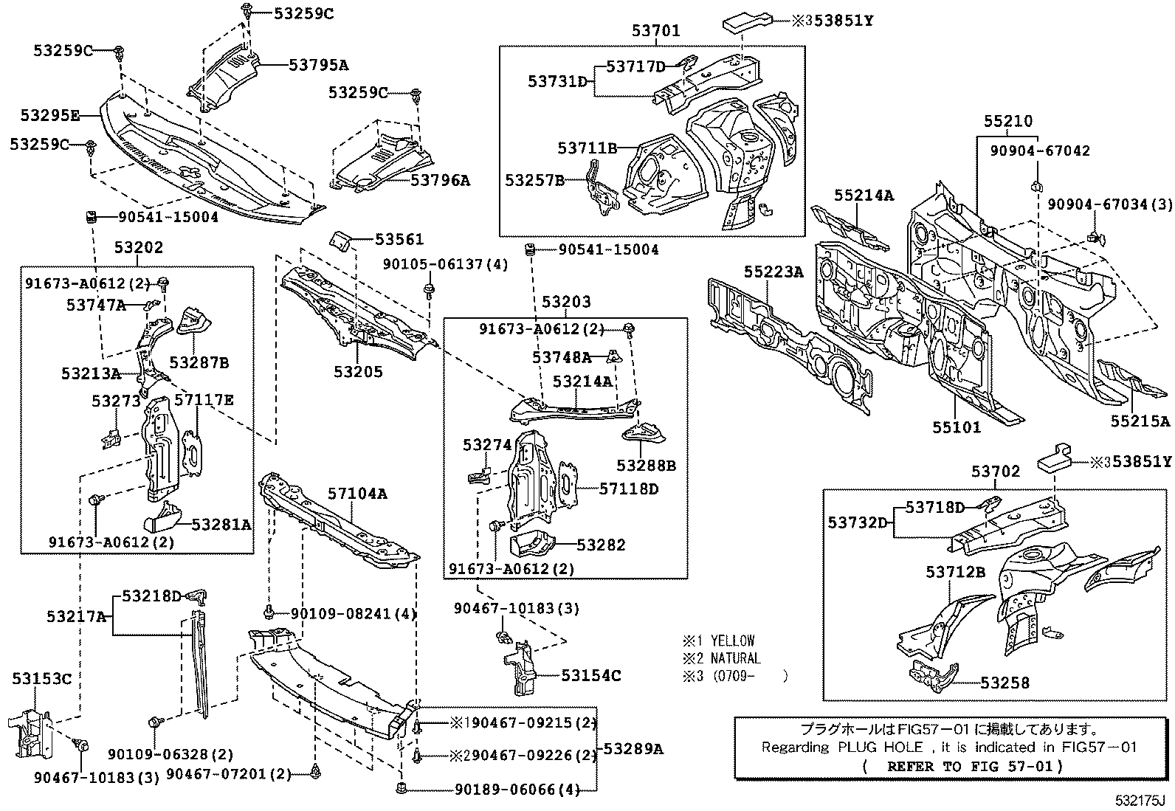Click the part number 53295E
coord(49,116)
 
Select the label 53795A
coord(318,65)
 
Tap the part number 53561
coord(399,239)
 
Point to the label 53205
coord(358,372)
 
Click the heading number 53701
coord(655,31)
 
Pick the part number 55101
coord(956,427)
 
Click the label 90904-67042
coord(1039,151)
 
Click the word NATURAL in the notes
coord(735,658)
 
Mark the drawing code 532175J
coord(1140,801)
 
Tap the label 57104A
coord(357,494)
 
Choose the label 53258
coord(1005,683)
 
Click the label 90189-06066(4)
coord(518,789)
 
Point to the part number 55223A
coord(773,272)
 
